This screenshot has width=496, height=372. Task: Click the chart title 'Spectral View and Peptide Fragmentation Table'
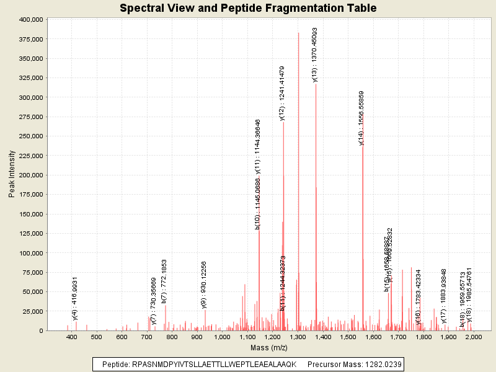(x=248, y=8)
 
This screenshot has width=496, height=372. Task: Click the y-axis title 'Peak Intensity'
(x=11, y=175)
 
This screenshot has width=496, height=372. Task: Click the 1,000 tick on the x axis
(x=223, y=337)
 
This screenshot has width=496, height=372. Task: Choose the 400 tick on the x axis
(x=72, y=337)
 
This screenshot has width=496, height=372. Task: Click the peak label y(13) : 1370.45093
(x=315, y=55)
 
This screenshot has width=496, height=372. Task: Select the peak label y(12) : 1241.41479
(x=282, y=93)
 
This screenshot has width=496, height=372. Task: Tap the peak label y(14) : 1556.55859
(x=361, y=118)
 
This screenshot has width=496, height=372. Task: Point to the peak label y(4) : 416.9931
(x=75, y=299)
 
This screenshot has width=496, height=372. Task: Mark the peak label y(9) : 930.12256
(x=204, y=285)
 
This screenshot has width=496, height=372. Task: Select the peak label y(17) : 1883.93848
(x=444, y=296)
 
